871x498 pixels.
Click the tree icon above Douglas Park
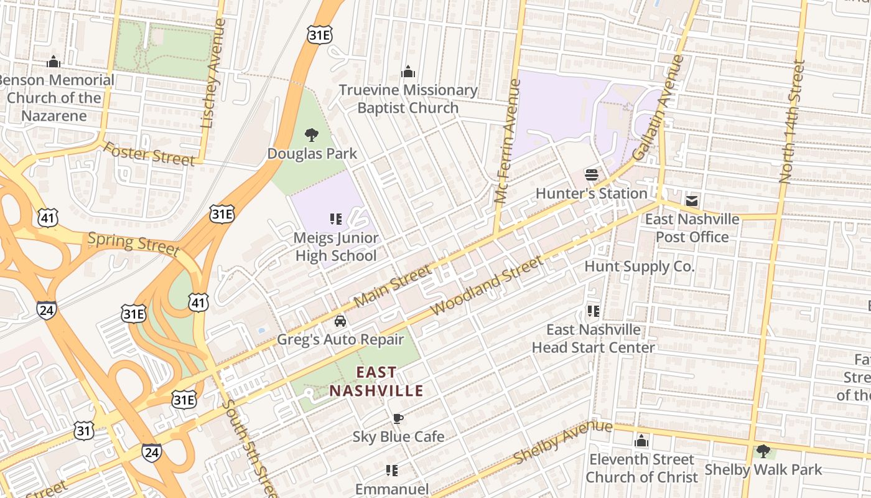point(312,134)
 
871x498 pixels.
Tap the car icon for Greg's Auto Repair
point(340,321)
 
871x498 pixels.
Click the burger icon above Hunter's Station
point(591,175)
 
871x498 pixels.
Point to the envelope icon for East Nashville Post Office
point(692,201)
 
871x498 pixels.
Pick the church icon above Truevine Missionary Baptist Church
point(408,72)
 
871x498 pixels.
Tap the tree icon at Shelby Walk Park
point(763,451)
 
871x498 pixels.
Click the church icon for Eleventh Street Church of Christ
point(641,441)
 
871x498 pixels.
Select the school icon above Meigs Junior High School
point(336,219)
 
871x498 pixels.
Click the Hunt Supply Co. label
point(639,266)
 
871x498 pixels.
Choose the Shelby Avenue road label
point(564,443)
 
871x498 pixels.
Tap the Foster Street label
point(149,154)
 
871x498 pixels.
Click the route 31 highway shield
point(84,430)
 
